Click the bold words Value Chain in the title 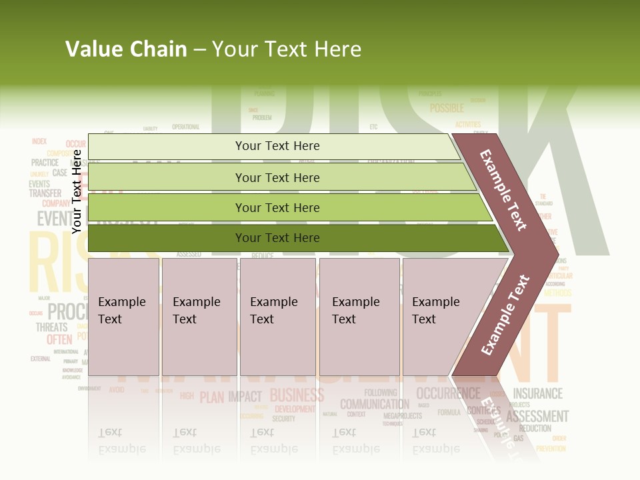tap(126, 49)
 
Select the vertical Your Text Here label tap(77, 191)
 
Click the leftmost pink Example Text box tap(123, 317)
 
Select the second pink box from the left tap(199, 317)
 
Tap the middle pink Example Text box tap(277, 317)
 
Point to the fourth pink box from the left tap(359, 317)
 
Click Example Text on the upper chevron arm tap(504, 190)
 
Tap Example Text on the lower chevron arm tap(505, 315)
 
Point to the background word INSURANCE tap(537, 393)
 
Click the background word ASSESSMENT tap(537, 417)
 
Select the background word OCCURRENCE tap(448, 393)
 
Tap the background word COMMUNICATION tap(375, 404)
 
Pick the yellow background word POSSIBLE tap(447, 108)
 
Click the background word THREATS tap(52, 327)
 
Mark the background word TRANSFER tap(45, 193)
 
